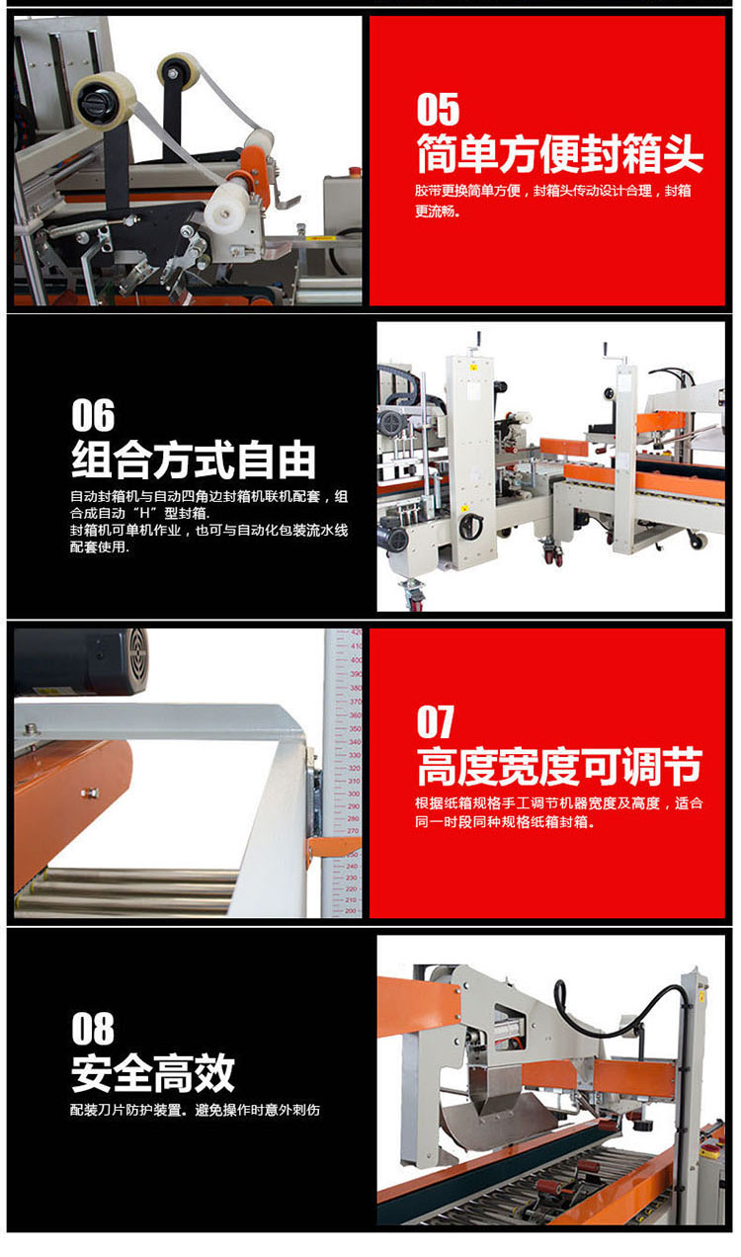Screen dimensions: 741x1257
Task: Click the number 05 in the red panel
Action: tap(438, 110)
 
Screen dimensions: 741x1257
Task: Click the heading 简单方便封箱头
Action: tap(560, 154)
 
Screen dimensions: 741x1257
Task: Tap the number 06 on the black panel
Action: tap(93, 415)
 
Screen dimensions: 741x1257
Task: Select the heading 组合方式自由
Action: tap(194, 461)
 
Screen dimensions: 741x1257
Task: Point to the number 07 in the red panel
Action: tap(436, 722)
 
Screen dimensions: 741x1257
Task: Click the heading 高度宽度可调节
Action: tap(560, 767)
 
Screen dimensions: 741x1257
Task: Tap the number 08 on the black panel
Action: tap(93, 1029)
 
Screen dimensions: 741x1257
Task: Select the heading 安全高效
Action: tap(152, 1073)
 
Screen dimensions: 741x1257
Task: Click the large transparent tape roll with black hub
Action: tap(104, 101)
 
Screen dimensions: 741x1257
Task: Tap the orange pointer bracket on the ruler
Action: tap(334, 847)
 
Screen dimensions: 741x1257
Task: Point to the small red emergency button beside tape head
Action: tap(355, 170)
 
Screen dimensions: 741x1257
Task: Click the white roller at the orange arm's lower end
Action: tap(226, 208)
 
